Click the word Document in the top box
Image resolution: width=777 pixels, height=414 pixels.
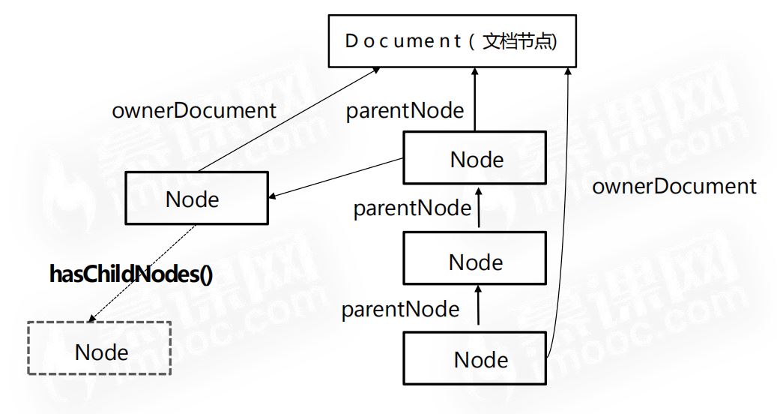(403, 40)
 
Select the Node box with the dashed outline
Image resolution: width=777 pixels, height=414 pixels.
(100, 348)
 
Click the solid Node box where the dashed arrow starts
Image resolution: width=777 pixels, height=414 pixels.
(196, 198)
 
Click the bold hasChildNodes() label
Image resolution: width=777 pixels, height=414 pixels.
(131, 274)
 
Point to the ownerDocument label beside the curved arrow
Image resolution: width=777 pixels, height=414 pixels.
(674, 186)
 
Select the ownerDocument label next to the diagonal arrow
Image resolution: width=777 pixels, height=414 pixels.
(193, 111)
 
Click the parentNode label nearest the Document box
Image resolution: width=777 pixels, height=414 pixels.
(405, 111)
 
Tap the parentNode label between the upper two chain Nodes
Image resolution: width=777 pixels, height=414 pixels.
(412, 208)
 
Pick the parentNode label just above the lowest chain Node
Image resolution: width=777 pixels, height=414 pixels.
(400, 309)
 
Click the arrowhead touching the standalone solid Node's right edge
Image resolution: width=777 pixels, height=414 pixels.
(274, 196)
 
